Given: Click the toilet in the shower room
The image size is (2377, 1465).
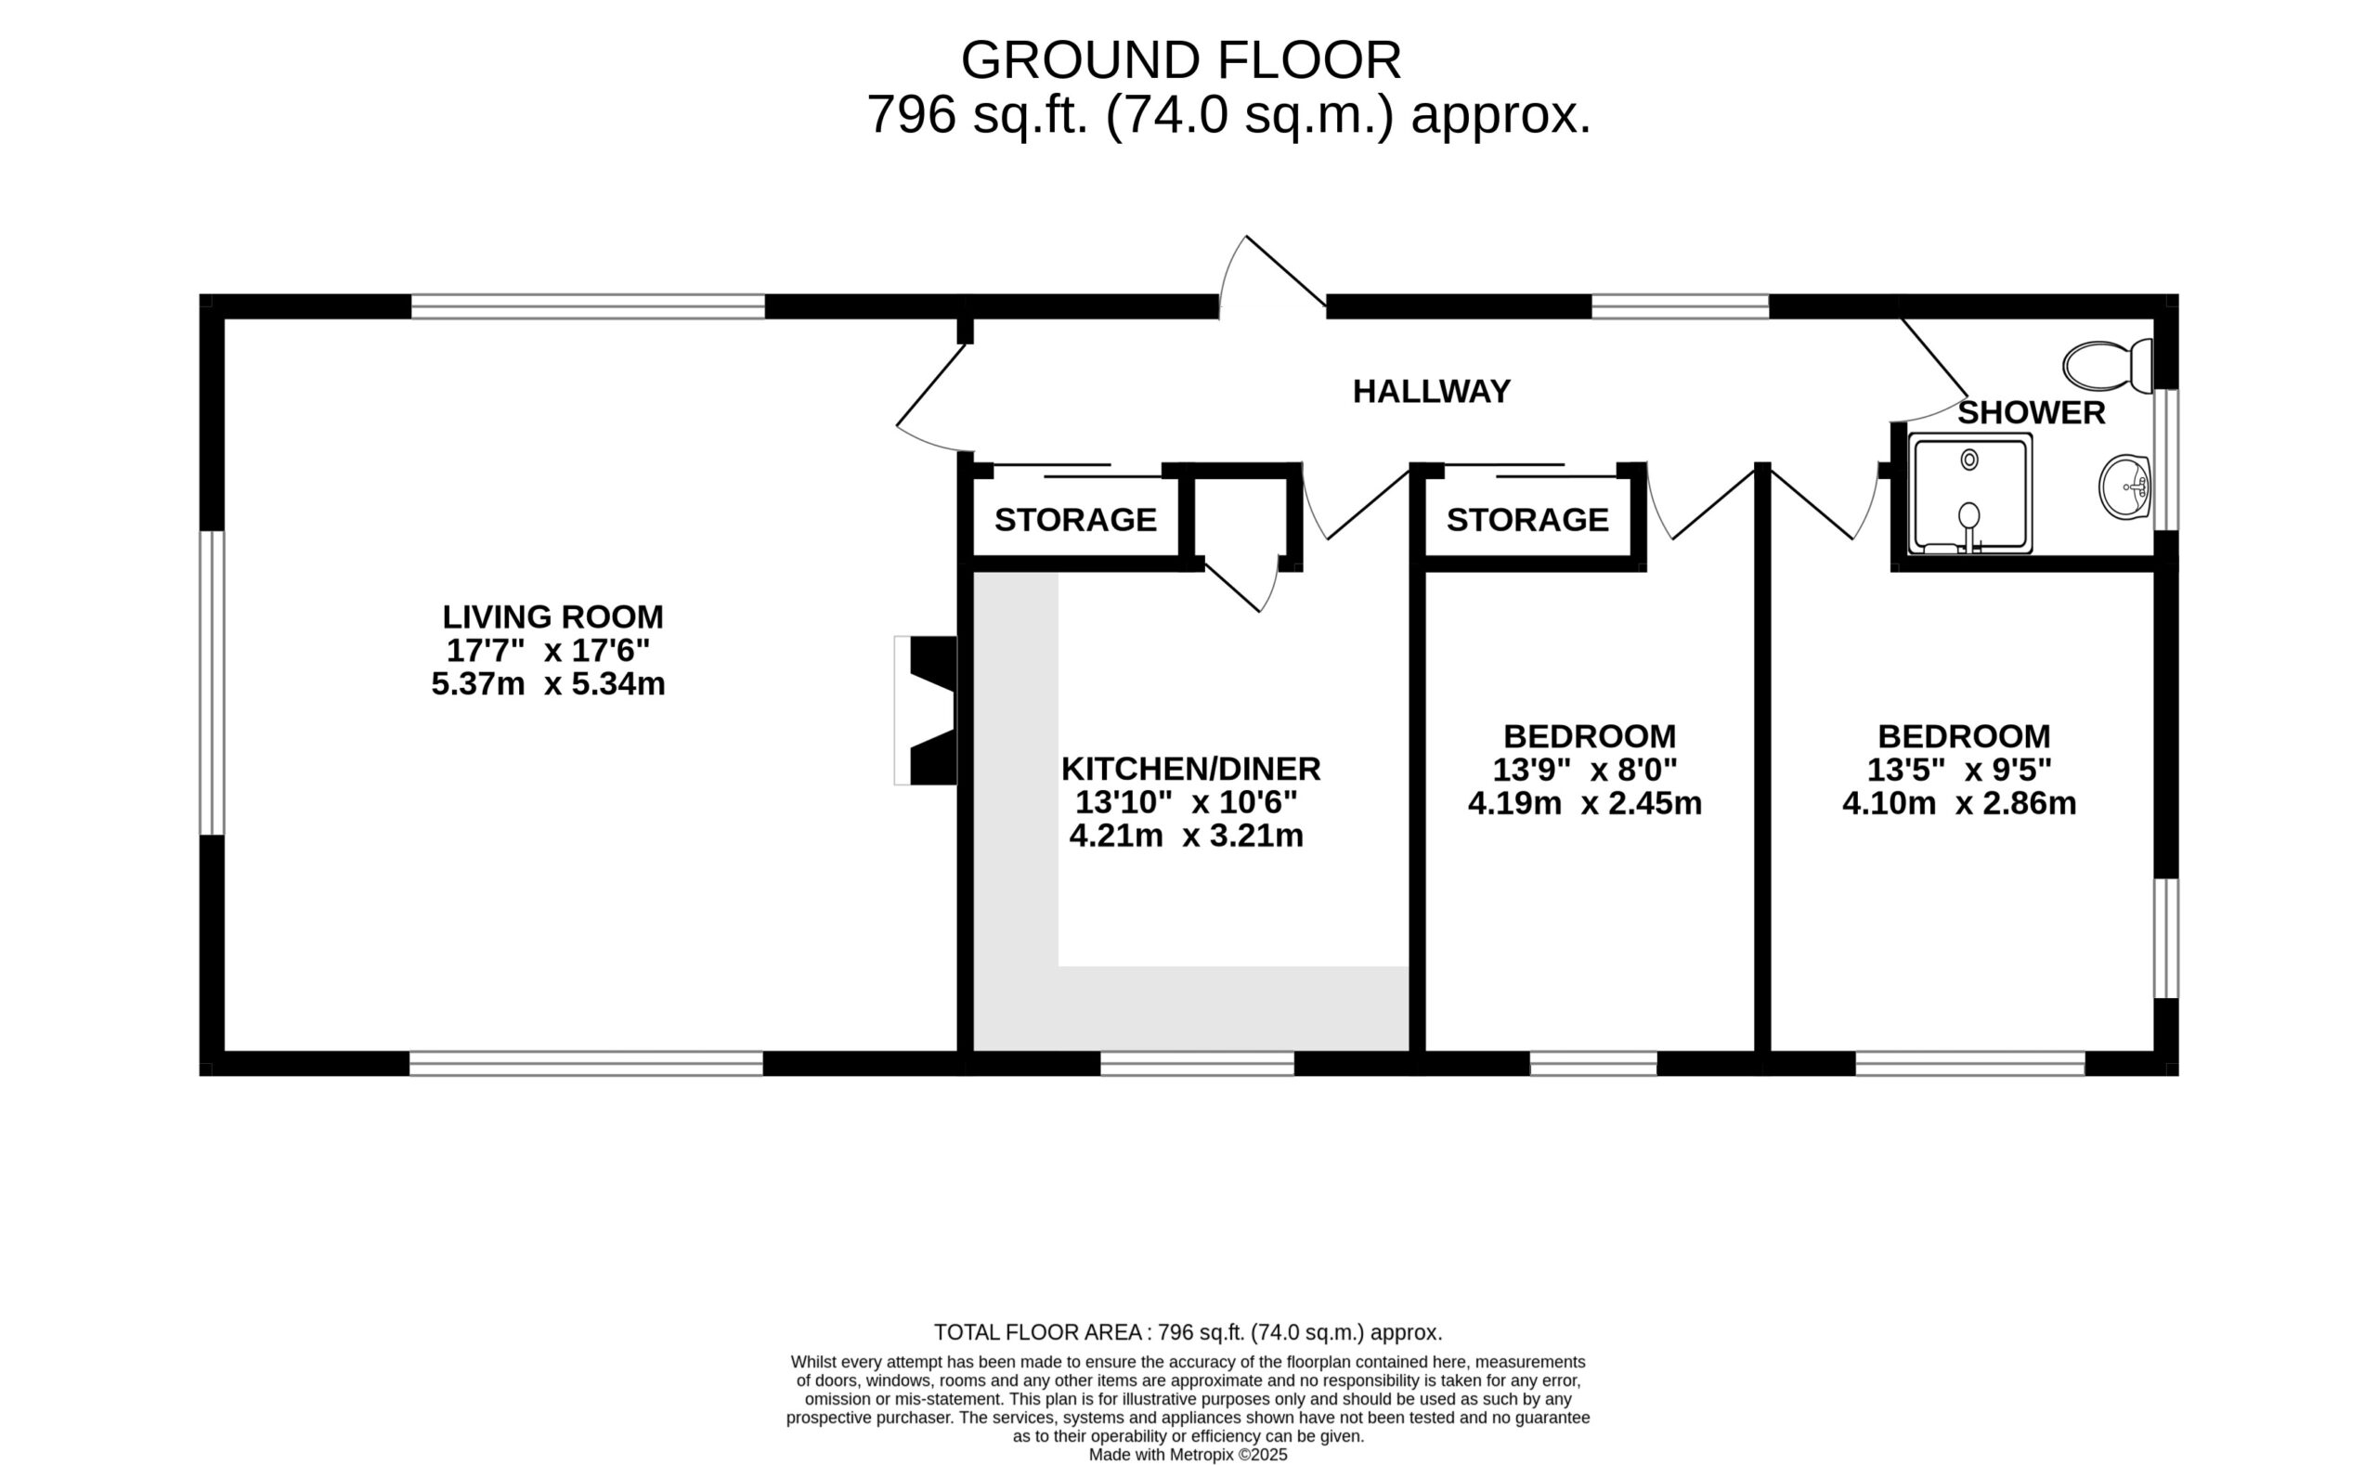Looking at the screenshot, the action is click(2107, 365).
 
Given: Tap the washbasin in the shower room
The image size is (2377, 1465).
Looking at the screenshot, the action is click(2125, 487).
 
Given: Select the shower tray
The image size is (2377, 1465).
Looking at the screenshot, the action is click(1970, 494).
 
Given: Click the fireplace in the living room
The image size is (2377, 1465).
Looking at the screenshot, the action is click(926, 710).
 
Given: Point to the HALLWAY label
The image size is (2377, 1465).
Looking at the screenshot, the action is click(1431, 392).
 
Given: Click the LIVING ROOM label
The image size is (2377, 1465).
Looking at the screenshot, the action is click(553, 616).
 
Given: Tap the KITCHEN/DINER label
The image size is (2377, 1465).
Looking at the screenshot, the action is click(1191, 769).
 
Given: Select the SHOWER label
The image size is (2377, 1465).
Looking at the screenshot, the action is click(2031, 413).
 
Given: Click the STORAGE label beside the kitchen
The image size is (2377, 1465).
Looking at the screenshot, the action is click(1075, 520).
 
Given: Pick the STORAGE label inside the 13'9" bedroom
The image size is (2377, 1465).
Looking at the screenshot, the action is click(1528, 520).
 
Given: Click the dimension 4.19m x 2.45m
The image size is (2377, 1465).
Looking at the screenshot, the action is click(1585, 803).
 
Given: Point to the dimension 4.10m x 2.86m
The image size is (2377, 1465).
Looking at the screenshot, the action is click(1959, 803).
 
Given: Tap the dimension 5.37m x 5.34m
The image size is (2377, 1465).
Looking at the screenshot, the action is click(549, 684).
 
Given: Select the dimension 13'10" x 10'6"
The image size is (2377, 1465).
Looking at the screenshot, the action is click(1186, 802).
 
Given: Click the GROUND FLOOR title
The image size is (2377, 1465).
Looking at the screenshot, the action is click(1181, 60).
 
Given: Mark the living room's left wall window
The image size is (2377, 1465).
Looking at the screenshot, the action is click(213, 682).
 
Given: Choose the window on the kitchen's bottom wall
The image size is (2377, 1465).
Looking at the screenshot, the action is click(1197, 1064).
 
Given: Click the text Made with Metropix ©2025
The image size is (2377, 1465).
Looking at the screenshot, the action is click(1188, 1455).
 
